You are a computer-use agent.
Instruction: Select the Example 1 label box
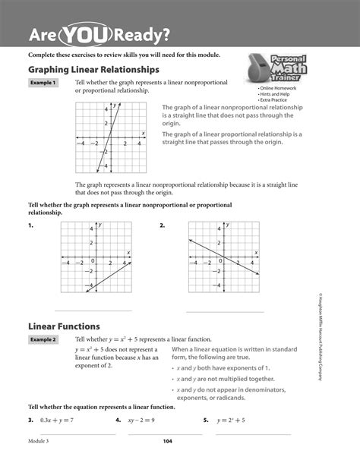[x=43, y=83]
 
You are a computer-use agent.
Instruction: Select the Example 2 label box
[x=43, y=339]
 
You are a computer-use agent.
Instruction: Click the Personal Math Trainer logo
[x=275, y=73]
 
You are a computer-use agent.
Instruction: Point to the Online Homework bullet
[x=278, y=88]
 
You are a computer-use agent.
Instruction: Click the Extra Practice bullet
[x=276, y=100]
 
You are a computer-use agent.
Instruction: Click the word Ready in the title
[x=144, y=34]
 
